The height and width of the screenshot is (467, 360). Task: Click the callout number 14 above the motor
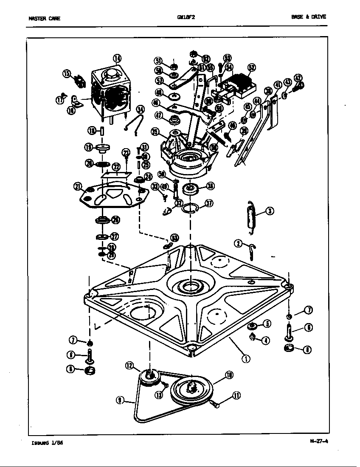pos(117,59)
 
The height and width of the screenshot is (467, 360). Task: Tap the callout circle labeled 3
pos(270,210)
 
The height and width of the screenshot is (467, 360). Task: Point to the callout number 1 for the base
pos(246,358)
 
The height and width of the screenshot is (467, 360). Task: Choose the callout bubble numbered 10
pos(229,375)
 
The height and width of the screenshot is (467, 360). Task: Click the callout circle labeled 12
pos(129,365)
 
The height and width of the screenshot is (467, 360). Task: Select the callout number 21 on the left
pos(77,186)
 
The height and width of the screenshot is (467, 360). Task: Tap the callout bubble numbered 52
pos(251,68)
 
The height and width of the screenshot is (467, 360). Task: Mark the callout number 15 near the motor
pos(67,73)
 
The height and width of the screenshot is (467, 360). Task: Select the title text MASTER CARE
pos(44,18)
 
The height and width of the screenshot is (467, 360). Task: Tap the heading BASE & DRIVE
pos(309,17)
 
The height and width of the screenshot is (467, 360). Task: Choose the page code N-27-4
pos(319,440)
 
